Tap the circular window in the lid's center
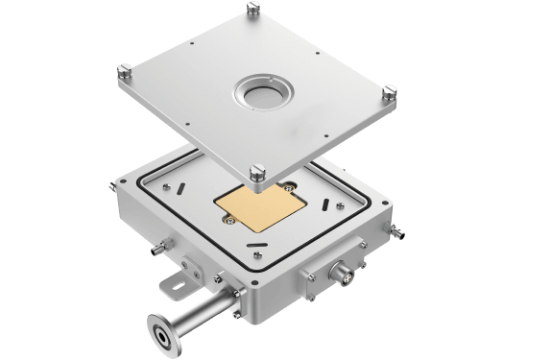[261, 93]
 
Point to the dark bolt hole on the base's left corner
[123, 186]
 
